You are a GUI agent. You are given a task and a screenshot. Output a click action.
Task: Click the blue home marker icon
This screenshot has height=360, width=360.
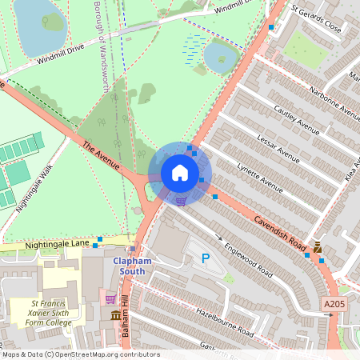180,173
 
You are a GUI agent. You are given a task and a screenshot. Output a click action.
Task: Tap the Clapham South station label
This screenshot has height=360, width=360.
128,266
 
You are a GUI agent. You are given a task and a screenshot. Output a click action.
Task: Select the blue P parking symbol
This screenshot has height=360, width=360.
206,258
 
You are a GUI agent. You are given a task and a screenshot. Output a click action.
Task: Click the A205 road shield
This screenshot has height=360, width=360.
334,304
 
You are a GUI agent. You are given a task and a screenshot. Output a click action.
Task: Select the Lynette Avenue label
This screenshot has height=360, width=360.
260,178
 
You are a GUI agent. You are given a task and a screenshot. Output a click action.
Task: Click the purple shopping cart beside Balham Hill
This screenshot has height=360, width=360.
110,299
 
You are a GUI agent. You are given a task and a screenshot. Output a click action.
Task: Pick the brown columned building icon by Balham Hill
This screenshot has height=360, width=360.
115,316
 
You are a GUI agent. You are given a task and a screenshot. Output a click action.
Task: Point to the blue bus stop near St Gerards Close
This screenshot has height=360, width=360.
271,28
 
